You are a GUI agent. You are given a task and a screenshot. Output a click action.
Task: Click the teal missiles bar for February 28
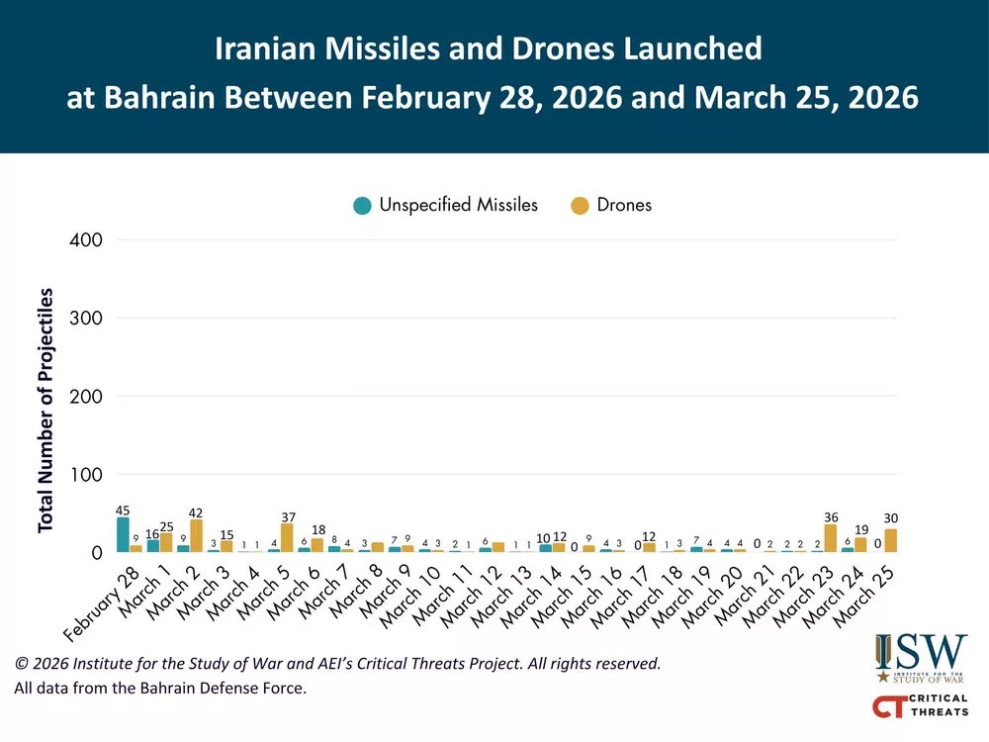[x=123, y=534]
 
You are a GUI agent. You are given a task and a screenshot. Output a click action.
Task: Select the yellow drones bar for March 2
[x=196, y=535]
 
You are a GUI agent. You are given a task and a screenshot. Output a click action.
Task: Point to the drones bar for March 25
[x=891, y=540]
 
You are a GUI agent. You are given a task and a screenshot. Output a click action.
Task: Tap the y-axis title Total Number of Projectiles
[x=45, y=411]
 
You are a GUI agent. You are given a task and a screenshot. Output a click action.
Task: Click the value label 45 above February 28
[x=123, y=510]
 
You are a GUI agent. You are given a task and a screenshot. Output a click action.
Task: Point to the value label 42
[x=196, y=512]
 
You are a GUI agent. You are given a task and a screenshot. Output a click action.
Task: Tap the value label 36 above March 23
[x=830, y=516]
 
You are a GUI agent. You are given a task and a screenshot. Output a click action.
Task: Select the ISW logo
[x=920, y=658]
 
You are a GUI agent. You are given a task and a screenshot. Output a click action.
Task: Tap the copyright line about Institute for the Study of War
[x=336, y=663]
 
